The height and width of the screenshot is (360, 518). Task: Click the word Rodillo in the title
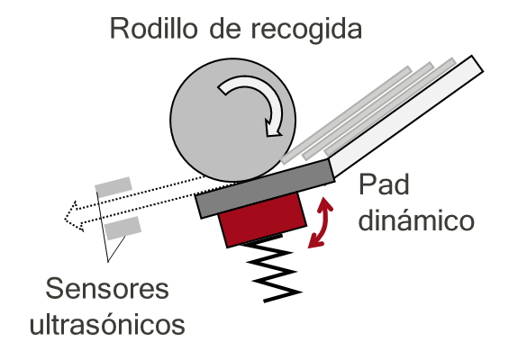tap(154, 29)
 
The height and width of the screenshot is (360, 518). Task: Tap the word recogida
tap(306, 30)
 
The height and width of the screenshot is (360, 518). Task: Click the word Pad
tap(384, 184)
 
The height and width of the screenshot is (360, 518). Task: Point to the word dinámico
tap(416, 220)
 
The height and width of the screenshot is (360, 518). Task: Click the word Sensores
tap(107, 288)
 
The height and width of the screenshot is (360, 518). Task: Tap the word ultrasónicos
tap(107, 323)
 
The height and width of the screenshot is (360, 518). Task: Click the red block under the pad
tap(262, 220)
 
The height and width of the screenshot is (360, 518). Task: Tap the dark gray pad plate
tap(265, 188)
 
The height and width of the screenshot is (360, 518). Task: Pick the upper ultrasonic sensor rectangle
tap(114, 187)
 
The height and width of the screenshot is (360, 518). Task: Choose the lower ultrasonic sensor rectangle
tap(123, 228)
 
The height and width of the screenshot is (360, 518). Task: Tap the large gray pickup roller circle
tap(233, 120)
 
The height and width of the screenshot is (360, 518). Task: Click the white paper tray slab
tap(406, 115)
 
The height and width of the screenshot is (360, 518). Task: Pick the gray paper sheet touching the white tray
tap(390, 107)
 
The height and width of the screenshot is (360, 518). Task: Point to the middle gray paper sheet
tap(368, 111)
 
